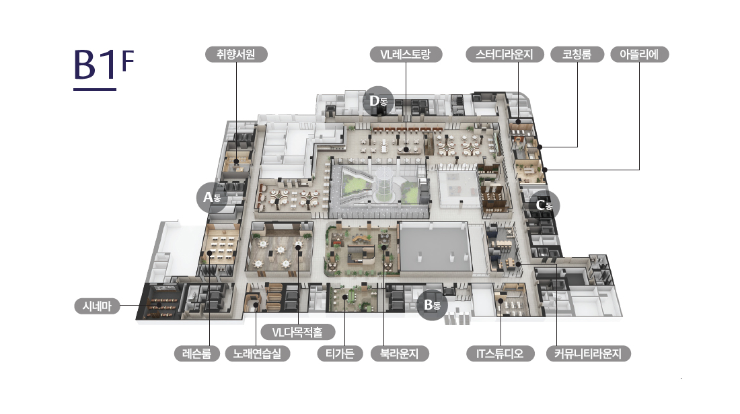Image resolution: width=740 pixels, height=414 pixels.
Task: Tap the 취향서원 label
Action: tap(237, 55)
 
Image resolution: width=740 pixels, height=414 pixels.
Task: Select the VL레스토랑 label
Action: tap(406, 55)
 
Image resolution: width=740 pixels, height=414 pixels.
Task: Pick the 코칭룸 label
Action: tap(577, 55)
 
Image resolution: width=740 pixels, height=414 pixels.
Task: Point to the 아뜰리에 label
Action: tap(639, 55)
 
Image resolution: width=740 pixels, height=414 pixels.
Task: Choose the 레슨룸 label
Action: tap(196, 353)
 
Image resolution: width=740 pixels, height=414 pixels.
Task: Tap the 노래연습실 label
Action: tap(258, 353)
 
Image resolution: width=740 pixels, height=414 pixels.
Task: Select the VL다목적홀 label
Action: tap(297, 332)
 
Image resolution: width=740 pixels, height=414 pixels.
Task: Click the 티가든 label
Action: tap(340, 353)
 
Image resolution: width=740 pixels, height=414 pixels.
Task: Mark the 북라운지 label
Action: tap(400, 353)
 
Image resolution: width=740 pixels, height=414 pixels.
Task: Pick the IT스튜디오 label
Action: tap(500, 353)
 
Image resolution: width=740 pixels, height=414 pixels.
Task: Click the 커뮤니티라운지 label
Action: tap(588, 353)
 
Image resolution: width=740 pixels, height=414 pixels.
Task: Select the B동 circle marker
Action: tap(432, 305)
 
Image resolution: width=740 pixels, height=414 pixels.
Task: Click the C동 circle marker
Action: tap(543, 205)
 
